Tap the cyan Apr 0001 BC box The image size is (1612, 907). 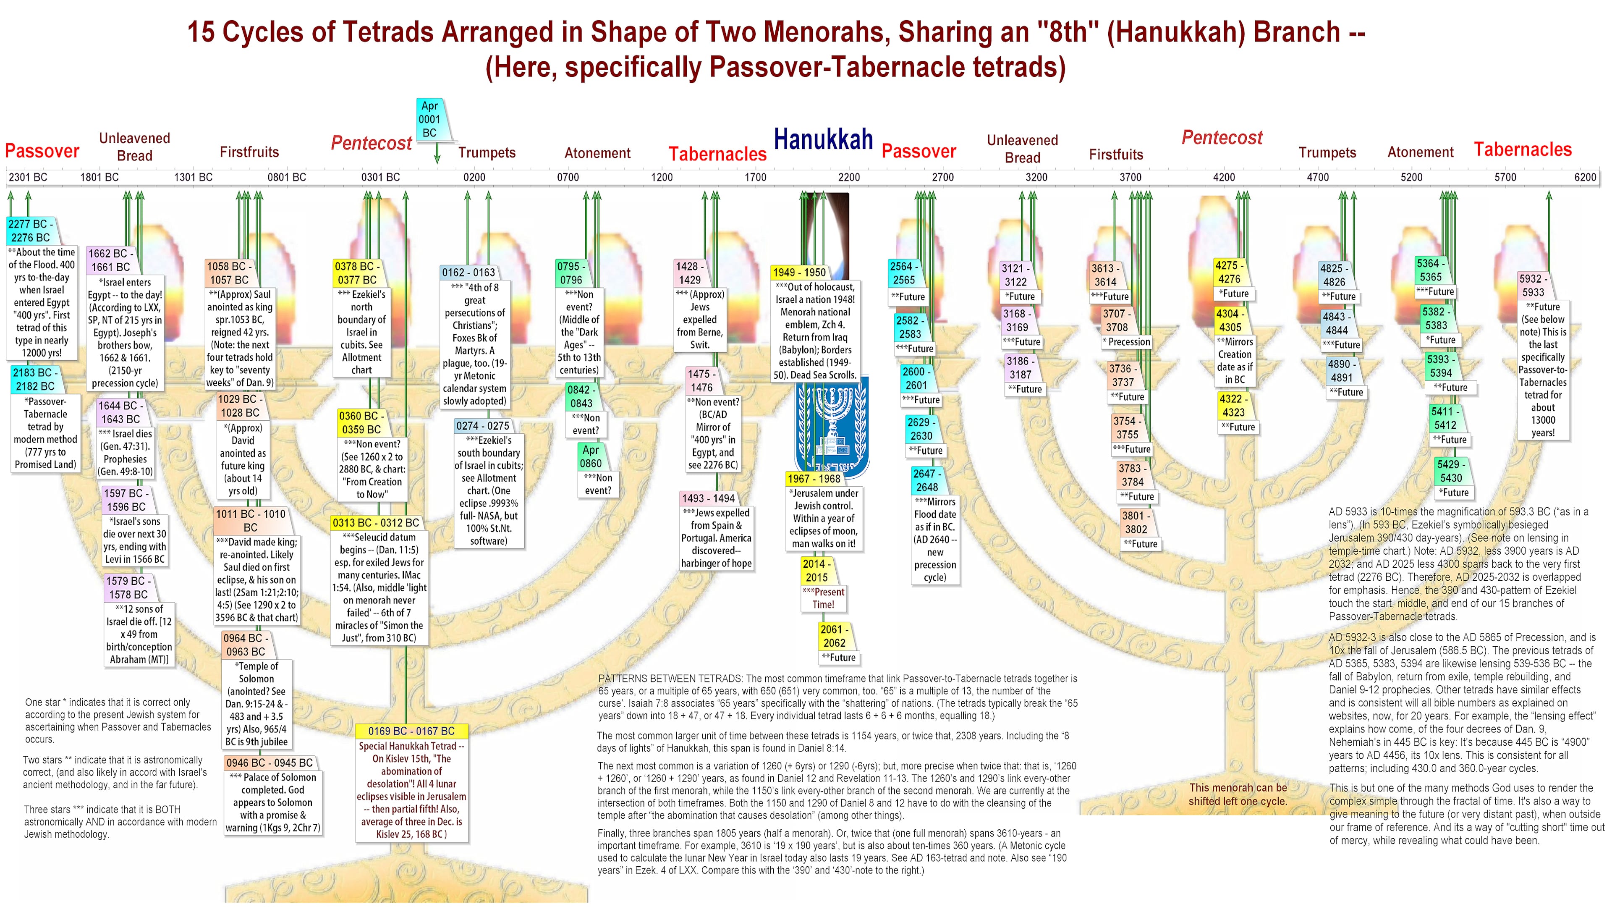click(x=430, y=119)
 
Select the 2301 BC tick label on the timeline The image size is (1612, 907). click(x=28, y=177)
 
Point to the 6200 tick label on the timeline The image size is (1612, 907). click(x=1585, y=177)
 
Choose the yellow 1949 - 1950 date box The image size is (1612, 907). click(x=799, y=272)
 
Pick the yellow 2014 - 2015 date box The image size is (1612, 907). click(x=816, y=570)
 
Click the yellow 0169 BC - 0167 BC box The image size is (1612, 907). click(x=411, y=731)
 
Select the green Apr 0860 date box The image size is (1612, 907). click(x=591, y=456)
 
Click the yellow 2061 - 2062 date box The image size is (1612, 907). click(x=834, y=636)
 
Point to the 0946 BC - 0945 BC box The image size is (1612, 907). click(x=270, y=763)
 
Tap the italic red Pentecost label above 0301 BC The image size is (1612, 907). click(x=372, y=143)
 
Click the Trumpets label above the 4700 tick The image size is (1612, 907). click(x=1327, y=153)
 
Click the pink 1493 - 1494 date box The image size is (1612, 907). click(x=708, y=498)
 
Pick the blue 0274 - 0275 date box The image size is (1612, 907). click(x=482, y=426)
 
